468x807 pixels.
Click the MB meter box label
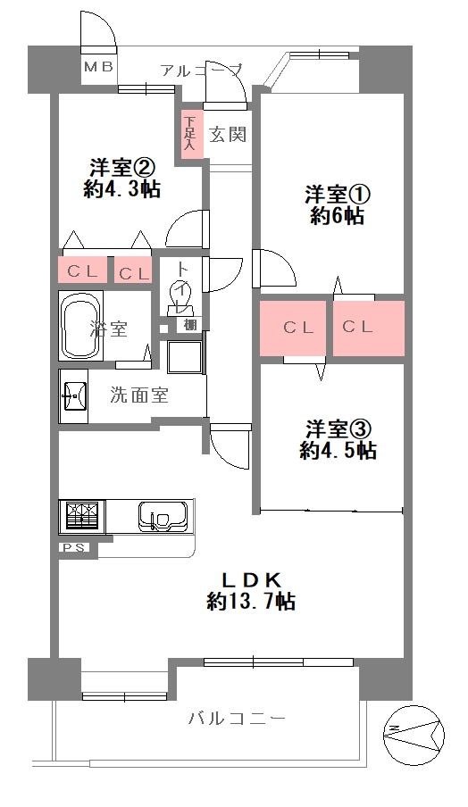[x=98, y=68]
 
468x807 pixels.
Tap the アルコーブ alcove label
[x=201, y=70]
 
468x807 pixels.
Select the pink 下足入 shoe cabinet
[x=190, y=134]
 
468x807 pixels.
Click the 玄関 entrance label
[x=228, y=134]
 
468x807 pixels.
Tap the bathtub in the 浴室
[x=81, y=327]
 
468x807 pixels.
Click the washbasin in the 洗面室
[x=73, y=395]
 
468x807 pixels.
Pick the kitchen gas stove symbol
[x=82, y=516]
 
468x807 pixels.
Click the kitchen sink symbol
[x=163, y=517]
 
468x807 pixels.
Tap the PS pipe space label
[x=73, y=547]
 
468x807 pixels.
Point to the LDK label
[x=251, y=580]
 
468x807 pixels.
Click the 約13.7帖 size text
[x=250, y=601]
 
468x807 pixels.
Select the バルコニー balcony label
[x=236, y=718]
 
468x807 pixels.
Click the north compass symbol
[x=414, y=736]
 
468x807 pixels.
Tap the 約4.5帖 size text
[x=338, y=450]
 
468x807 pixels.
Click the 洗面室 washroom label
[x=139, y=395]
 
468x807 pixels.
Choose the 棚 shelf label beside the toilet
[x=189, y=325]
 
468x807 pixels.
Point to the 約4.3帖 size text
[x=122, y=189]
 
